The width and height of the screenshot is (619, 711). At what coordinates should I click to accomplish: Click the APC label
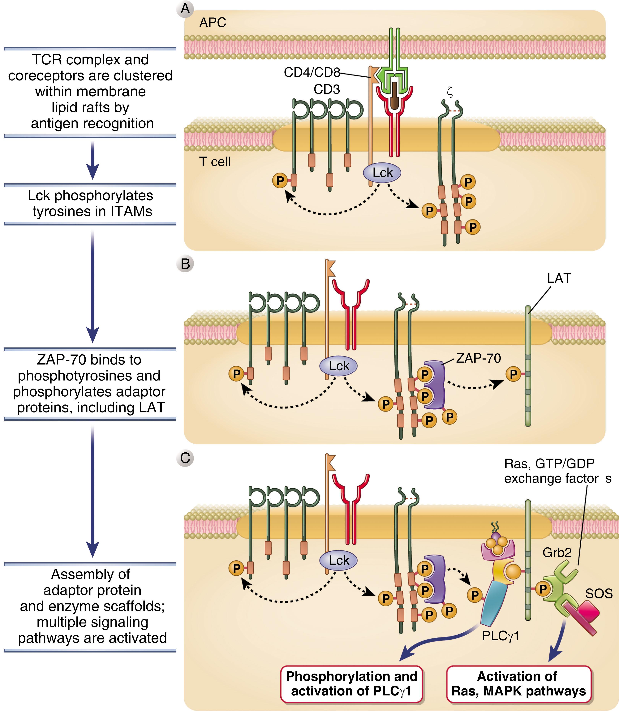(213, 23)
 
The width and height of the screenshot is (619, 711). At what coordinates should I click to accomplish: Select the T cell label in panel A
(215, 162)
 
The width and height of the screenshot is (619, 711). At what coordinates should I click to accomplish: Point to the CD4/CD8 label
(312, 72)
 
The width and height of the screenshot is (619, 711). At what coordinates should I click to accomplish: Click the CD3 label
(327, 89)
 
